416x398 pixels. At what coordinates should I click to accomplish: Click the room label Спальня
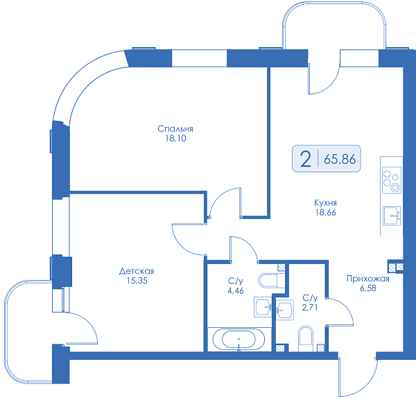tap(175, 128)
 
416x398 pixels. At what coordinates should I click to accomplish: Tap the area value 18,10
tap(175, 138)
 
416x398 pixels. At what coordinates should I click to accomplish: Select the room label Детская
tap(137, 271)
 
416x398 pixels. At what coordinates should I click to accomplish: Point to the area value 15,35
tap(137, 281)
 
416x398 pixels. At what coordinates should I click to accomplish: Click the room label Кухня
tap(326, 203)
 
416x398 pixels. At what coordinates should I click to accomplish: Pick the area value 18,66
tap(326, 212)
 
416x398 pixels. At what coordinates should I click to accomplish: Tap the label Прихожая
tap(368, 279)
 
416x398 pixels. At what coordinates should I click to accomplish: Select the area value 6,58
tap(368, 288)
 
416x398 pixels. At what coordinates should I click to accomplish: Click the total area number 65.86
tap(340, 159)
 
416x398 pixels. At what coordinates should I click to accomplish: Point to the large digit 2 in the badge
tap(305, 159)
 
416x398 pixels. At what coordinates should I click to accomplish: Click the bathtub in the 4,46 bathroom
tap(239, 340)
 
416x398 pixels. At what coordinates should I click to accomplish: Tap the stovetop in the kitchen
tap(392, 181)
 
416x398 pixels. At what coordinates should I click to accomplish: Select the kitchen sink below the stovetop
tap(392, 215)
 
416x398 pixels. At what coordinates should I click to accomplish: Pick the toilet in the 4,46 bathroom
tap(271, 280)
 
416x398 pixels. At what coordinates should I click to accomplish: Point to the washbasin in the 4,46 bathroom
tap(263, 307)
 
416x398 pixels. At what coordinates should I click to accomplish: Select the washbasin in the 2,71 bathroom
tap(285, 310)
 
